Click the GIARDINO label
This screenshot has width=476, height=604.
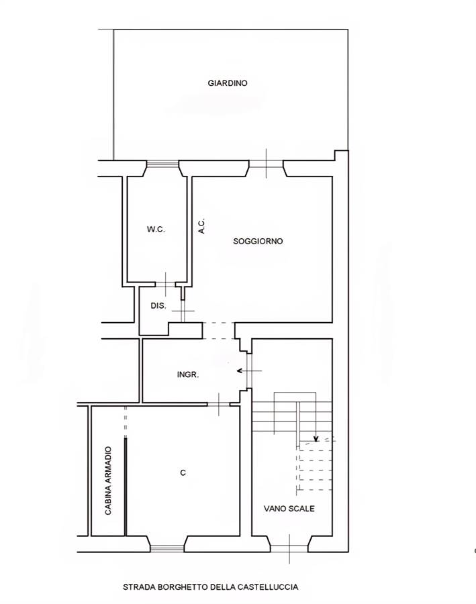point(228,83)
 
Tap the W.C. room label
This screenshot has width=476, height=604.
point(156,230)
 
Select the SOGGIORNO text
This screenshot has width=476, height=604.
point(258,241)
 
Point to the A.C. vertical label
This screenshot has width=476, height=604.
point(201,225)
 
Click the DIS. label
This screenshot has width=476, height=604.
point(158,306)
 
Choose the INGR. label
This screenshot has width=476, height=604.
point(188,374)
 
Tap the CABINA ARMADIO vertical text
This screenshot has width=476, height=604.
point(108,481)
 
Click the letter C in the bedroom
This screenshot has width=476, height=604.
point(183,472)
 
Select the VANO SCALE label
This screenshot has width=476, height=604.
point(289,509)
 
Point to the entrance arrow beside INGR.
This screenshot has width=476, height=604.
point(249,371)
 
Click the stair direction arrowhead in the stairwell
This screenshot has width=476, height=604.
point(316,438)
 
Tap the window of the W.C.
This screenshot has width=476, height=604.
point(162,164)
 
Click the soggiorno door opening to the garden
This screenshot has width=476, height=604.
point(267,164)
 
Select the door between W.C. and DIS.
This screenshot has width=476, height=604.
point(166,285)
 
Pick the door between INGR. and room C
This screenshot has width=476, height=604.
point(219,404)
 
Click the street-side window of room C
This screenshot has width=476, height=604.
point(167,548)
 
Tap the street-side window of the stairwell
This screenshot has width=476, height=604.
point(289,548)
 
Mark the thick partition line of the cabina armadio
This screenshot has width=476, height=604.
point(126,487)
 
